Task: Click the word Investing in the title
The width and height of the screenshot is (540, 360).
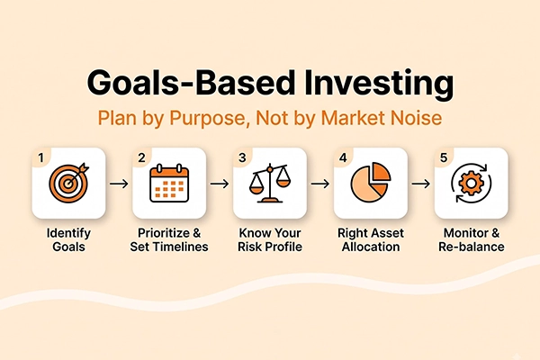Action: (x=380, y=85)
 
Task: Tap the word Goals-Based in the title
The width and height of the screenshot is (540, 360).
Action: (x=191, y=83)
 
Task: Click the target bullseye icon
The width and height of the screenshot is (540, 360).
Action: (x=69, y=183)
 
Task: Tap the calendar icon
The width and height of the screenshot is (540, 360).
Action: (x=169, y=183)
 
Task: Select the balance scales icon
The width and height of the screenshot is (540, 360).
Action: (x=270, y=184)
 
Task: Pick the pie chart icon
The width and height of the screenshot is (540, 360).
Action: (x=371, y=182)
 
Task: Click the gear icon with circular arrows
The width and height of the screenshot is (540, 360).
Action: (x=471, y=183)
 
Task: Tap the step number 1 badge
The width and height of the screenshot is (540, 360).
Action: (x=41, y=157)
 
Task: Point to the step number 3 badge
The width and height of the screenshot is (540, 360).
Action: (x=242, y=157)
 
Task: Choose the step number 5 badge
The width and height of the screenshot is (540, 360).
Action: (x=444, y=157)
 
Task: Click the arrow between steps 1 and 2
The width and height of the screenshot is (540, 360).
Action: (x=119, y=184)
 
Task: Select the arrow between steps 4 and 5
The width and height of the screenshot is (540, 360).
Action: (x=421, y=184)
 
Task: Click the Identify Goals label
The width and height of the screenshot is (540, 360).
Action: (x=69, y=239)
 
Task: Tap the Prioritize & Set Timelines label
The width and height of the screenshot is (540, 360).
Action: (x=169, y=239)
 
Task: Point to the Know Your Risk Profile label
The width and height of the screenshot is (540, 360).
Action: (x=270, y=239)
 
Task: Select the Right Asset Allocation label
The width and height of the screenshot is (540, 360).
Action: (x=371, y=239)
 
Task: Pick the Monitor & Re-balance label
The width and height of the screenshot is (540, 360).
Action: (x=471, y=239)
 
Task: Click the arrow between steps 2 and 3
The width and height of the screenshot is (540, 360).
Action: (x=220, y=184)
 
